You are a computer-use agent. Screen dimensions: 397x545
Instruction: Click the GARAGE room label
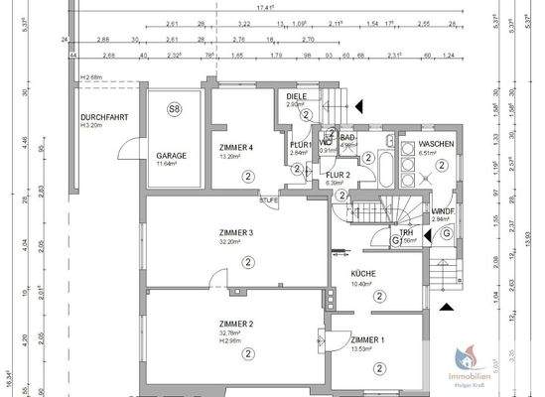172,157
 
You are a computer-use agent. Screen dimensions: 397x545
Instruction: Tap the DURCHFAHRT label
100,119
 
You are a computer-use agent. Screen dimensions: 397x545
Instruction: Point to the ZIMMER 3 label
237,233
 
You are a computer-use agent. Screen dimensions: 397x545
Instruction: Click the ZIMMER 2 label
236,325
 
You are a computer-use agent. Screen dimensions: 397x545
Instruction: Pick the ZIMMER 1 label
369,338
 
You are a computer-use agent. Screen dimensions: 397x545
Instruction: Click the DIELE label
297,96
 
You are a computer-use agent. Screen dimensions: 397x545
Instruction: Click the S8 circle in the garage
175,108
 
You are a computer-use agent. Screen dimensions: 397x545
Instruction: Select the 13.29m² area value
231,157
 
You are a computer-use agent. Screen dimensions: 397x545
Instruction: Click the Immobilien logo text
476,377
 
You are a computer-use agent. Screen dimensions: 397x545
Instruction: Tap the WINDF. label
443,211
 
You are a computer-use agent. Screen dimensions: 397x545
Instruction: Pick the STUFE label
268,200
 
